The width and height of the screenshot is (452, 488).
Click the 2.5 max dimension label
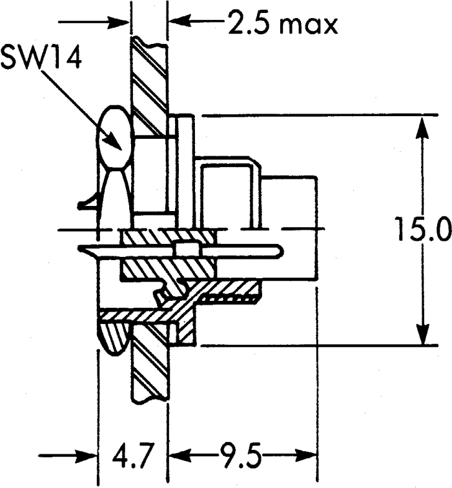(283, 23)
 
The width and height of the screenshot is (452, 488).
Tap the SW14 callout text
(41, 58)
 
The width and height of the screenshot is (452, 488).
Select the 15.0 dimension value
(424, 230)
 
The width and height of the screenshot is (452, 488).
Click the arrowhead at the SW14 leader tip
(113, 142)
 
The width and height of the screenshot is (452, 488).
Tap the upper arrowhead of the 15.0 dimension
(422, 128)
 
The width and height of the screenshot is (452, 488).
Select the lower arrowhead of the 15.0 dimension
(423, 332)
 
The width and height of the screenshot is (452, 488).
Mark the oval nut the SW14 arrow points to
(113, 137)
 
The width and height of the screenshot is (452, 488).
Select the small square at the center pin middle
(187, 249)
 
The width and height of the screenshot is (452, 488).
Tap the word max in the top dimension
(308, 25)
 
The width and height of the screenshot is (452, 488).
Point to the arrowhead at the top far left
(118, 22)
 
